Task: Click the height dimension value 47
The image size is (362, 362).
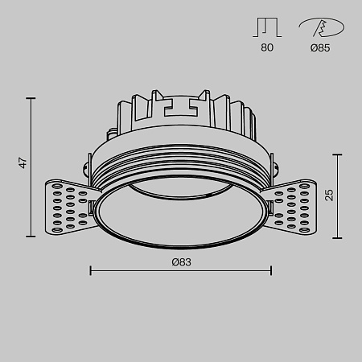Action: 25,163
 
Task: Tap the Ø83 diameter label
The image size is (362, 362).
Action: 180,261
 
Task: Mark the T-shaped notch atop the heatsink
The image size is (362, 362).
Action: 181,105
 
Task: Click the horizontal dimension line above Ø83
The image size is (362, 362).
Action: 181,270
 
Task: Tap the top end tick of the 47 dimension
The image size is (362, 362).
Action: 32,98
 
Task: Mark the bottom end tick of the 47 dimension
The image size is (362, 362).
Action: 32,237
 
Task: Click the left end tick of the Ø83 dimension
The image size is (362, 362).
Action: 89,270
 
